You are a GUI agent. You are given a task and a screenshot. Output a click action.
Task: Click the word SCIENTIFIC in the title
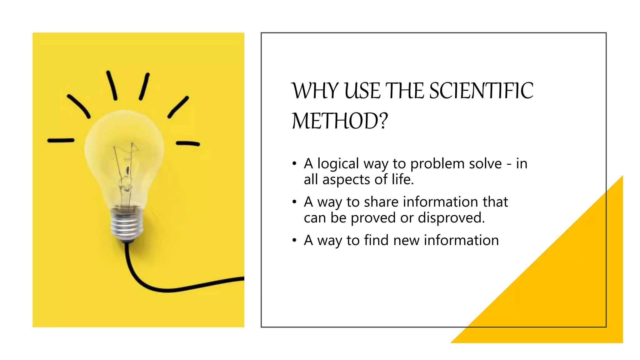[x=481, y=91]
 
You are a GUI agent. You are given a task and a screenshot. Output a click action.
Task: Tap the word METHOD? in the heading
[x=340, y=121]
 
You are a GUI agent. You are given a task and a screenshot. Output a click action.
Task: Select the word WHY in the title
[x=315, y=91]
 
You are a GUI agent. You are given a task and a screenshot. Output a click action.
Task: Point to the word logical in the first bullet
[x=338, y=164]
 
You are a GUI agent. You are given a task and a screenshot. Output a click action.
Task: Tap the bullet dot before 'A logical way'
[x=294, y=164]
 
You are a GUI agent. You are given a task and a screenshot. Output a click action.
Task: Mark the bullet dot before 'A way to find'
[x=294, y=241]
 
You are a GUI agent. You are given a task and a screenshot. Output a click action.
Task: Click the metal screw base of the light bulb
[x=127, y=223]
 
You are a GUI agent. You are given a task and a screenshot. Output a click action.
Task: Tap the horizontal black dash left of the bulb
[x=61, y=141]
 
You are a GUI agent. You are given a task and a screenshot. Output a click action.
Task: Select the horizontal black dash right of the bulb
[x=187, y=144]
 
